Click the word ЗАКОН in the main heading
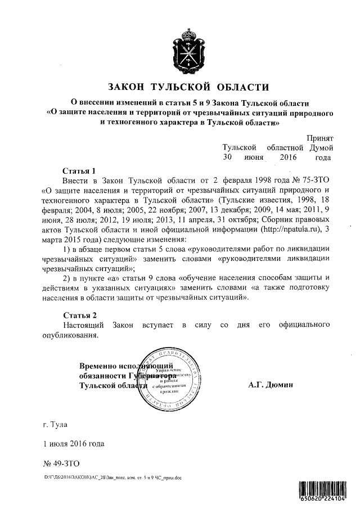(x=128, y=87)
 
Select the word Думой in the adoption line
(x=320, y=147)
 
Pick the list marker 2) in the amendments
(x=67, y=278)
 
